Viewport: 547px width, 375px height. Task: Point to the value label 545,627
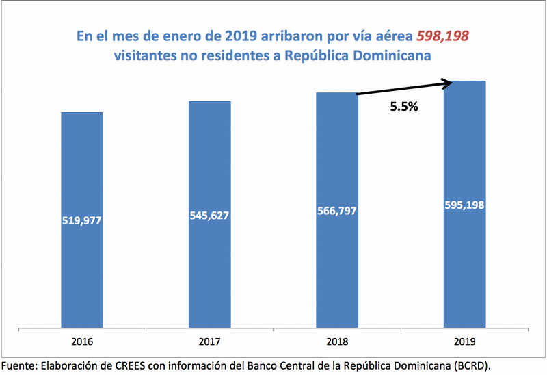(x=210, y=215)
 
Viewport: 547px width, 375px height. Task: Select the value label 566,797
(x=337, y=210)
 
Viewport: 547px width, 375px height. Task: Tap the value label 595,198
(x=464, y=205)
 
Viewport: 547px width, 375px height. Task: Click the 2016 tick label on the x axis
(x=82, y=341)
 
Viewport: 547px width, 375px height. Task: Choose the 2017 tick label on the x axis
(x=210, y=341)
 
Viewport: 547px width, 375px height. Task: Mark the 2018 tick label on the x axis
(x=337, y=341)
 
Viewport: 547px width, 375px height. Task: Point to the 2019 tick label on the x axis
(x=464, y=341)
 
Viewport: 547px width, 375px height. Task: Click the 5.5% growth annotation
(x=404, y=107)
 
